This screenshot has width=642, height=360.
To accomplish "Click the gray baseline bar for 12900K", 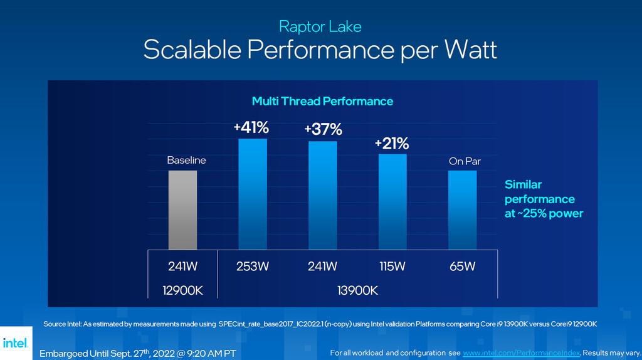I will (x=182, y=210).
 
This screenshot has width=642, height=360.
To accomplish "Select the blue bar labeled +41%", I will (x=253, y=194).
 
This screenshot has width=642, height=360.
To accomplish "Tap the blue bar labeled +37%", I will (x=323, y=196).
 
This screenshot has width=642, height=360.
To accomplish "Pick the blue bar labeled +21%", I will (x=392, y=202).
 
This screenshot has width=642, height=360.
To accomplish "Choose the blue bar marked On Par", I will (x=462, y=210).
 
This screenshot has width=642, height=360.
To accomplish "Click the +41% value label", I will (x=251, y=128).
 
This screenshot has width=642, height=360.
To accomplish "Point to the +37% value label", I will (x=323, y=130).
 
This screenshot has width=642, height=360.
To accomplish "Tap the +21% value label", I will (x=392, y=143).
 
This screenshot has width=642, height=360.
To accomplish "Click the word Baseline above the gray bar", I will (x=186, y=161).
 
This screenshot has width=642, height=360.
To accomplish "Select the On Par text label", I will (x=465, y=161).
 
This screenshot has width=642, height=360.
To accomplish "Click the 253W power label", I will (x=253, y=267).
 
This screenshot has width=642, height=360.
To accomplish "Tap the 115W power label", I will (x=392, y=267).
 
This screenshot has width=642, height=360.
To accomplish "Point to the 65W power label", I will (x=462, y=267).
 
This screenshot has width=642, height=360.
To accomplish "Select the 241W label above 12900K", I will (x=182, y=267).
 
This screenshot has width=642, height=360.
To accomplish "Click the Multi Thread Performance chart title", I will (x=322, y=101).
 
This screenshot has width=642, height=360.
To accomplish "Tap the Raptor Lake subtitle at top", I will (x=320, y=26).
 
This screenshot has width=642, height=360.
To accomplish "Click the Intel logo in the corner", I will (x=15, y=343).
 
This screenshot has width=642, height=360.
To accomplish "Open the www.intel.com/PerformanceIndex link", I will (x=522, y=353).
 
